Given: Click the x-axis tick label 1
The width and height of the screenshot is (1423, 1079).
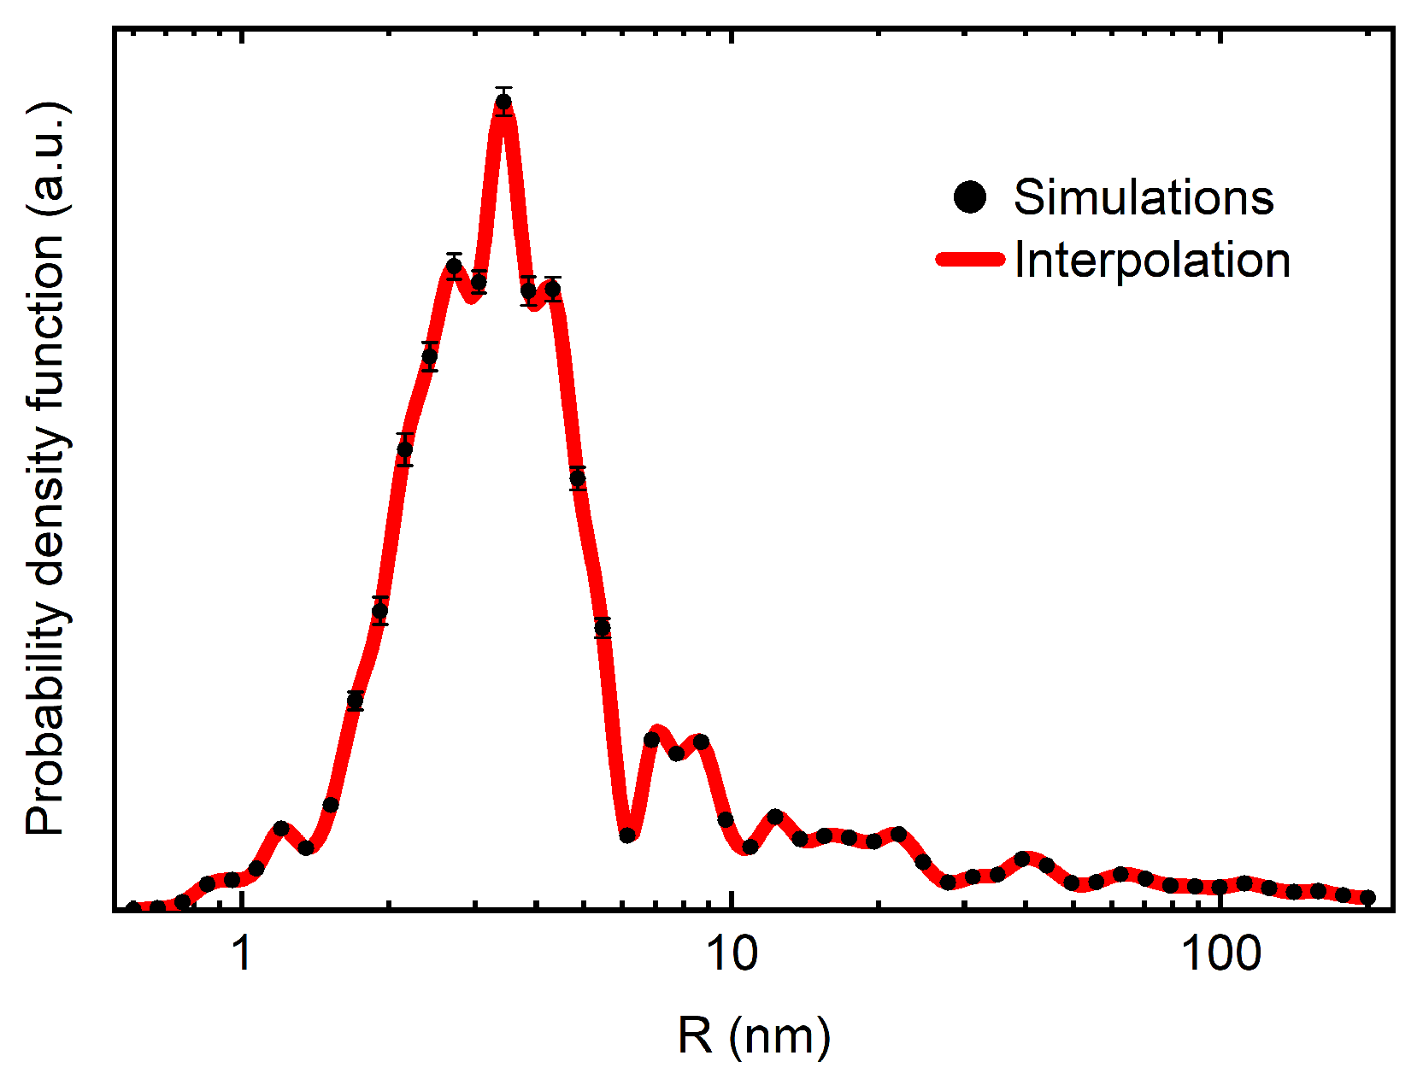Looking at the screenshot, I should (x=243, y=953).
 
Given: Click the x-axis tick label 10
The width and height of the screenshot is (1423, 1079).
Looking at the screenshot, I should (x=732, y=953).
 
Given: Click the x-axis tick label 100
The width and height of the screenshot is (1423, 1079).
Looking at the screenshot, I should (x=1220, y=953).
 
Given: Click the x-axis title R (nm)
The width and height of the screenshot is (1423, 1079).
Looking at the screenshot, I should (x=754, y=1036).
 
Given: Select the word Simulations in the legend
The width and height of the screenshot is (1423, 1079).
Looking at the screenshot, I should (x=1143, y=197).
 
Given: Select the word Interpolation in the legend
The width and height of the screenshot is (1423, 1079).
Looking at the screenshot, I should (x=1151, y=260).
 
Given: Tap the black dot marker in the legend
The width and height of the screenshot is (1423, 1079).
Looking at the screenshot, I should (x=969, y=197).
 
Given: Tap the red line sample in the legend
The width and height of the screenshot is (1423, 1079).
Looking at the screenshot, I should (x=970, y=260).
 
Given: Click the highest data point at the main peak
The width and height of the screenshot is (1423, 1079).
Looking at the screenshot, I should (x=503, y=103).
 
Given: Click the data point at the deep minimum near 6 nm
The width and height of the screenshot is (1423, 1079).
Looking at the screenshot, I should (x=627, y=835).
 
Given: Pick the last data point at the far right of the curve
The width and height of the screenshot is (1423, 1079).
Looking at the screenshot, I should (x=1367, y=897).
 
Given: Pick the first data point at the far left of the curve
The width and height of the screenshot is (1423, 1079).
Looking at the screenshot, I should (x=133, y=908).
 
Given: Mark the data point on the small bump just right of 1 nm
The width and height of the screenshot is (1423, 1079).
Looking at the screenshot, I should (x=281, y=829).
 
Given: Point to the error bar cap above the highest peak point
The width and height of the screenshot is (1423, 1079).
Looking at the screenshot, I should (x=503, y=88).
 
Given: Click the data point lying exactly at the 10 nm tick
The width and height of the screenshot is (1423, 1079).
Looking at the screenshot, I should (x=726, y=819).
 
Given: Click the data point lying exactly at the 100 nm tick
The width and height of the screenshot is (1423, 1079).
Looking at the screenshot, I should (x=1220, y=887).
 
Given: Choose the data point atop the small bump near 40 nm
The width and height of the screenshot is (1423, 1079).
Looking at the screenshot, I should (x=1022, y=858).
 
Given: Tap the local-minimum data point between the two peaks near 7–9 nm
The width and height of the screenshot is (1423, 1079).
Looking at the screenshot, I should (x=676, y=754).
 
